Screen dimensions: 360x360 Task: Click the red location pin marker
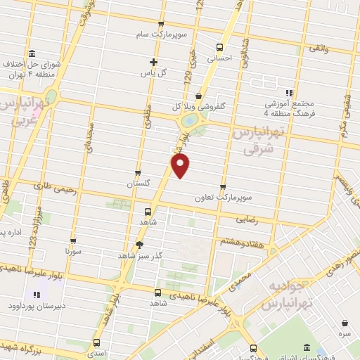point(181,166)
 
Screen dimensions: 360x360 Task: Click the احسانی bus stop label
point(220,60)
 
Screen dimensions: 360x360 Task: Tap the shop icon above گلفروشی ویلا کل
point(198,96)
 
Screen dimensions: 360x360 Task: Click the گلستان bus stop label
point(139,184)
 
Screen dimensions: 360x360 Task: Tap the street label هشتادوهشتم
point(232,242)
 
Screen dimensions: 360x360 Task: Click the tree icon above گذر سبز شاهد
point(140,245)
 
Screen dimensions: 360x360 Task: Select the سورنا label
point(74,250)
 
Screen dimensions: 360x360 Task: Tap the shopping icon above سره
point(345,323)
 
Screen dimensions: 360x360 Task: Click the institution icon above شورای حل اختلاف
point(32,53)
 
